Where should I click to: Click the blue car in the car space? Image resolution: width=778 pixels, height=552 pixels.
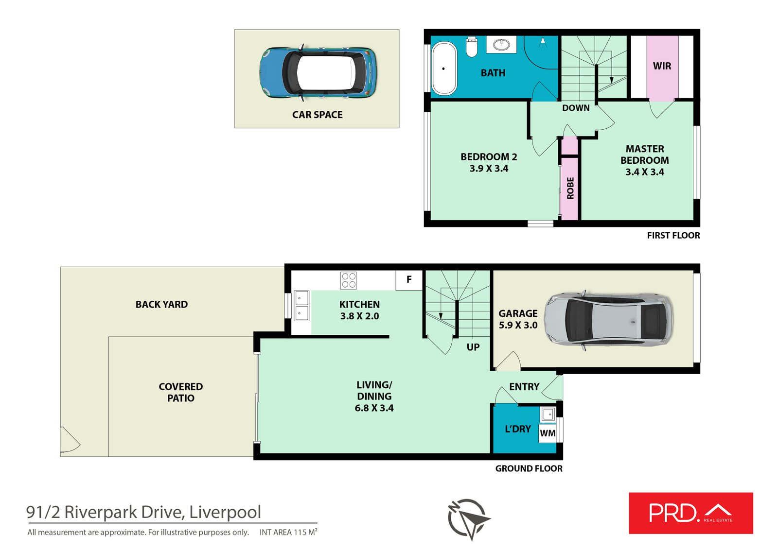(x=318, y=73)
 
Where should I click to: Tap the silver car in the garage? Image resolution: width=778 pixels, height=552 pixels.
(x=608, y=319)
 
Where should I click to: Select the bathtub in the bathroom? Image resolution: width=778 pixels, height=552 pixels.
(x=444, y=69)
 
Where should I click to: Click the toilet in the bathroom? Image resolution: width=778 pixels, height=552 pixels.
(x=472, y=46)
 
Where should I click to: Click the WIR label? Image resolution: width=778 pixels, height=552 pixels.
(x=662, y=66)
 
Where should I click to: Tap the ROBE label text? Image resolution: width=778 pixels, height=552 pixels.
(x=570, y=188)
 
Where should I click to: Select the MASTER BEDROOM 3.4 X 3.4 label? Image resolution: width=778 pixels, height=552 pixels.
(x=644, y=160)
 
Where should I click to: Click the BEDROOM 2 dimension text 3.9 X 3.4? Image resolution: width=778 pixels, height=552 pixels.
(x=489, y=169)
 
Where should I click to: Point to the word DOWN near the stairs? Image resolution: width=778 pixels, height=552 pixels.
(x=576, y=108)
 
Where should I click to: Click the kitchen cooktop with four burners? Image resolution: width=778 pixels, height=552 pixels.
(x=349, y=280)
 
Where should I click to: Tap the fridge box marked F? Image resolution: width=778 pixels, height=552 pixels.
(x=409, y=280)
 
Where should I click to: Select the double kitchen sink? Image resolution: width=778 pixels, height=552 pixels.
(x=301, y=305)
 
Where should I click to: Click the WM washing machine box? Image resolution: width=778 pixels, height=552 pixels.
(x=548, y=433)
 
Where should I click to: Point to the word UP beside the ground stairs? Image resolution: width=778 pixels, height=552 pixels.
(x=473, y=347)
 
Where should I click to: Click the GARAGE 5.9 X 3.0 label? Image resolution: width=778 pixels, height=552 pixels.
(x=518, y=319)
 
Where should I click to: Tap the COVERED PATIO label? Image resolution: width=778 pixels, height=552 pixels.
(x=181, y=392)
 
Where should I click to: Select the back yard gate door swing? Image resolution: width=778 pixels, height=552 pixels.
(x=70, y=440)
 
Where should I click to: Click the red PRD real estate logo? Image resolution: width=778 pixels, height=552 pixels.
(x=690, y=513)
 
